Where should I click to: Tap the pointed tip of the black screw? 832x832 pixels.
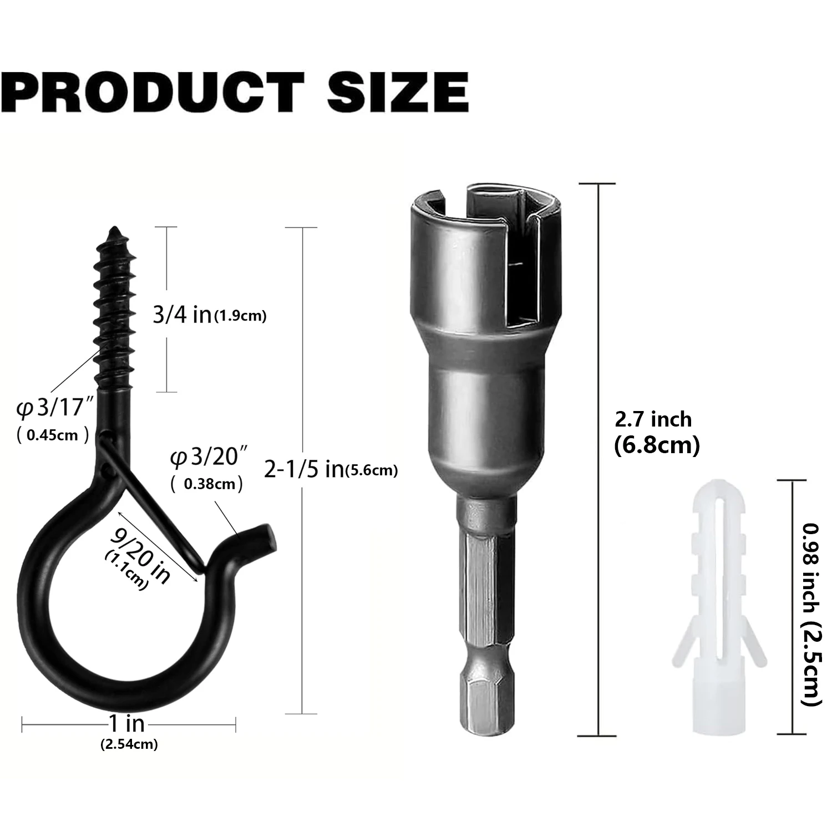tap(116, 228)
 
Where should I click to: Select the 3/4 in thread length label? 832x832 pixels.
tap(182, 315)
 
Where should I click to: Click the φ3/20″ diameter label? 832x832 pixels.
tap(209, 458)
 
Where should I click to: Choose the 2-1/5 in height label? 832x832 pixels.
tap(303, 470)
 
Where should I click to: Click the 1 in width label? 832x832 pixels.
tap(127, 723)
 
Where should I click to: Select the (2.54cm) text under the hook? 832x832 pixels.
tap(129, 744)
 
